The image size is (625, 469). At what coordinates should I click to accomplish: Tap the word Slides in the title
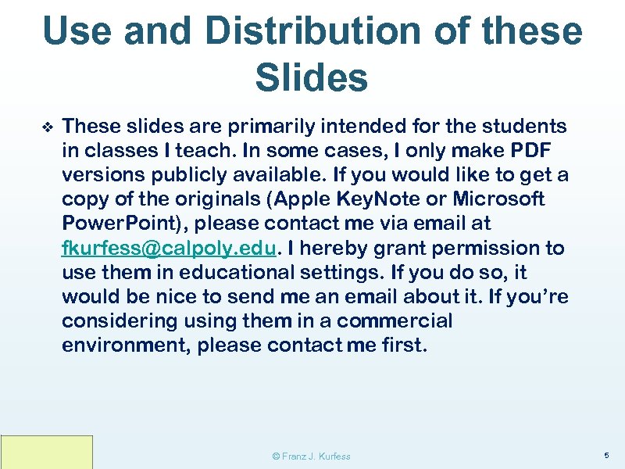311,77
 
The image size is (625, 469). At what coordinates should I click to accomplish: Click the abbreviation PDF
530,150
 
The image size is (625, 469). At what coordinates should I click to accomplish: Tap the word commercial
395,321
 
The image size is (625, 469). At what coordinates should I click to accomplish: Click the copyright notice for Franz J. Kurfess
311,456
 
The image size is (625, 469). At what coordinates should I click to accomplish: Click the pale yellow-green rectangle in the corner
46,452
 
